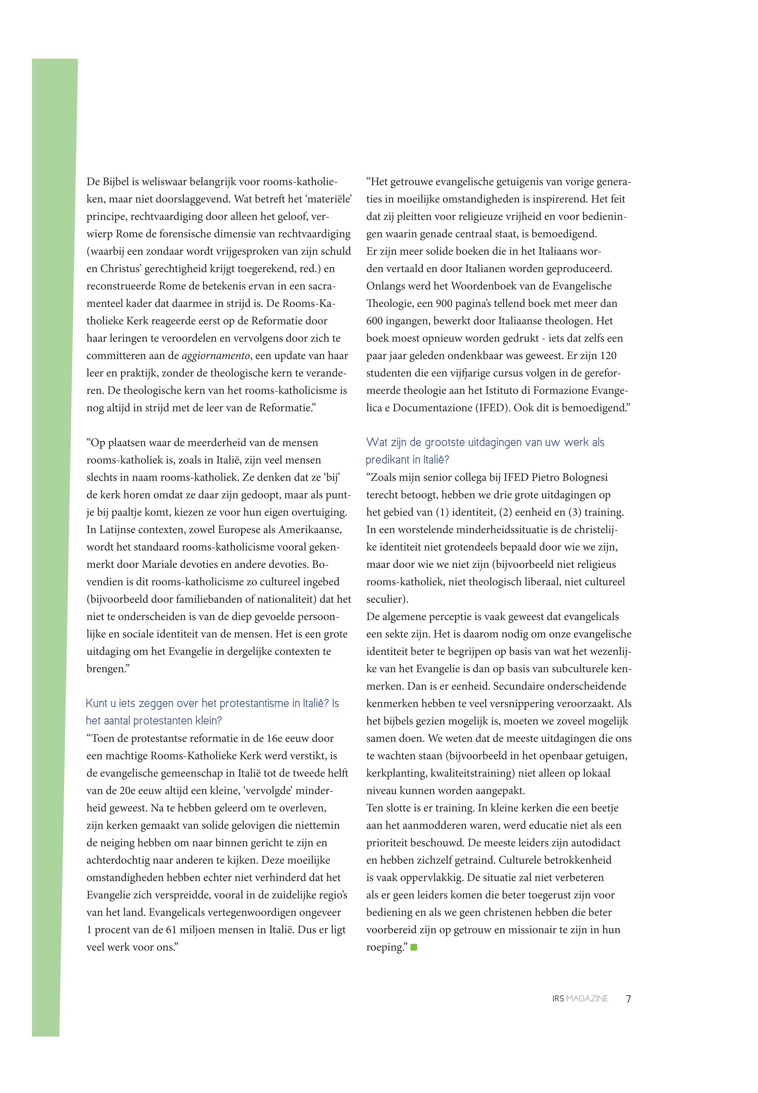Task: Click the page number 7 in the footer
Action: click(x=628, y=999)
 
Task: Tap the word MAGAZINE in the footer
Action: click(x=587, y=999)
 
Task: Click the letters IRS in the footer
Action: click(x=558, y=999)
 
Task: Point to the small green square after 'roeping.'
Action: click(x=414, y=948)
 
